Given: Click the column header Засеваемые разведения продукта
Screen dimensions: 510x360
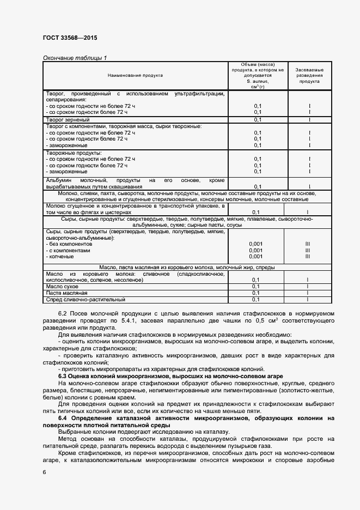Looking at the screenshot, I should click(309, 75).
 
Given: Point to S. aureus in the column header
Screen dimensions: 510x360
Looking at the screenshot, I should click(258, 81).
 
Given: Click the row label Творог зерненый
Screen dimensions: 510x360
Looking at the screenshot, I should click(68, 119).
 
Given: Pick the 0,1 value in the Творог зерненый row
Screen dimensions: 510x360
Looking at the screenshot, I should click(258, 119).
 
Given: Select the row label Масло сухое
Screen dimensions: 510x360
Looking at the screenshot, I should click(62, 286).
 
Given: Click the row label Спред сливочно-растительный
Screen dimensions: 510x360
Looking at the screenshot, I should click(86, 299).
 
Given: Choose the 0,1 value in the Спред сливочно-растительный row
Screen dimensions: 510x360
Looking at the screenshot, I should click(258, 299).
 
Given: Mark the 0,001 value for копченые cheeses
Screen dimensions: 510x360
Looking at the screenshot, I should click(256, 256).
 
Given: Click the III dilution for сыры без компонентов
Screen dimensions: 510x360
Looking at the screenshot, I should click(308, 244).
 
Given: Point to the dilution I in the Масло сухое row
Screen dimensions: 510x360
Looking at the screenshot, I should click(308, 286).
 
